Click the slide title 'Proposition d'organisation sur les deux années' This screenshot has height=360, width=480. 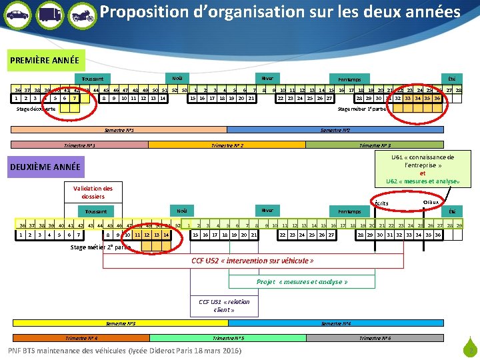click(x=280, y=13)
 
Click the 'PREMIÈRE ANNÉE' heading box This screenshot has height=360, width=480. click(x=45, y=61)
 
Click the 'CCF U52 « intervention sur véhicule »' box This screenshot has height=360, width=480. click(x=252, y=260)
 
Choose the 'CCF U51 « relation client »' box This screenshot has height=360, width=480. click(x=223, y=305)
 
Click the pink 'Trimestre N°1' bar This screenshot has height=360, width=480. click(x=79, y=145)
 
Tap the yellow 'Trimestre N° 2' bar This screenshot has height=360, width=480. click(x=227, y=145)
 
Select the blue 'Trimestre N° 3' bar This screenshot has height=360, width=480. click(x=375, y=145)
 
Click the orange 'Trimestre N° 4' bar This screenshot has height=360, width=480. click(x=79, y=338)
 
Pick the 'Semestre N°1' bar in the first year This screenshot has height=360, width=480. click(x=120, y=129)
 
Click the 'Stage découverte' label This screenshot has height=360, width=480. click(x=37, y=109)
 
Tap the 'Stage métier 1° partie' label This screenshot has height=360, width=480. click(x=362, y=109)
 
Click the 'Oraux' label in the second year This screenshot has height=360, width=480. click(x=431, y=201)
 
